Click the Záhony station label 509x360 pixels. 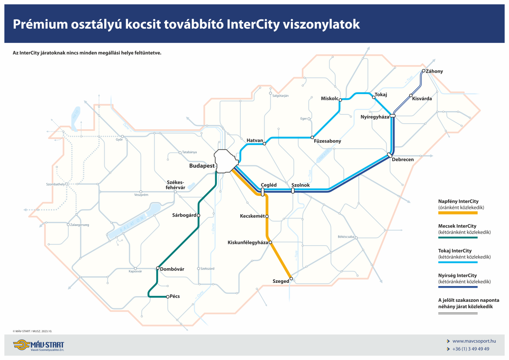click(x=434, y=72)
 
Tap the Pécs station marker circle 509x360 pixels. click(x=168, y=297)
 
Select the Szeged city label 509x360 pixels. click(x=281, y=281)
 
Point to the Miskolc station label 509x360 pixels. click(x=329, y=99)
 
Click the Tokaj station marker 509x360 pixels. click(x=374, y=97)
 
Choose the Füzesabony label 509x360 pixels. click(x=328, y=141)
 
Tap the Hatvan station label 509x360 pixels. click(x=255, y=140)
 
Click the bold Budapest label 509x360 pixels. click(x=202, y=166)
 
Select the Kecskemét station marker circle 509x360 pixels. click(x=267, y=216)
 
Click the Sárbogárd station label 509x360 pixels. click(x=184, y=215)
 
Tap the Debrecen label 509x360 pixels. click(x=403, y=160)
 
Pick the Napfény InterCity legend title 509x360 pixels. click(x=461, y=201)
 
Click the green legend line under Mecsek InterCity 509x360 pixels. click(x=458, y=238)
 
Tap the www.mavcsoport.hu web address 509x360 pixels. click(x=474, y=341)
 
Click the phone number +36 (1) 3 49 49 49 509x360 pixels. click(x=471, y=349)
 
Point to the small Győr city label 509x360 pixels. click(x=119, y=140)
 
